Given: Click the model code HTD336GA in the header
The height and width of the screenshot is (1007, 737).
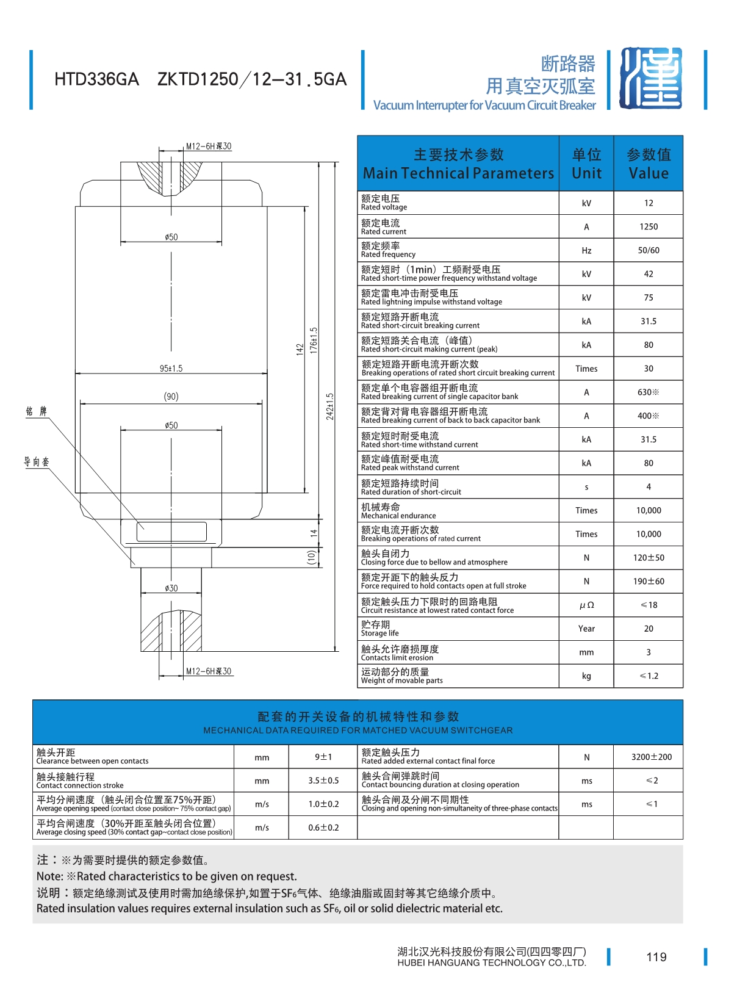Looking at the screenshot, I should pos(96,79).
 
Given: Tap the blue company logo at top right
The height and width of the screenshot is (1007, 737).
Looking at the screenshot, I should pos(650,78).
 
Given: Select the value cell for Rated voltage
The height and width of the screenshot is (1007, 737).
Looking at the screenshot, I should pos(648,203).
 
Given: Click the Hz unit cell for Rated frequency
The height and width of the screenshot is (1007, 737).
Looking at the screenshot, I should pos(586,250).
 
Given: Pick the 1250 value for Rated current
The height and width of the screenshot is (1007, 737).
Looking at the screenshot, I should pos(648,226).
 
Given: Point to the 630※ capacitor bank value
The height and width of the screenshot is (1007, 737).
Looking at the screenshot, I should pos(648,392).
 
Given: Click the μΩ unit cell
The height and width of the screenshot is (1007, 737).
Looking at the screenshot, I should pos(586,605).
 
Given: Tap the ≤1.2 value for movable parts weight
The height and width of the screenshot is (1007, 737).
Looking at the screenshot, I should pos(648,676).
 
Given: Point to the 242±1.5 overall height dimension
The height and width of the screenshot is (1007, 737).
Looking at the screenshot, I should pos(330,406).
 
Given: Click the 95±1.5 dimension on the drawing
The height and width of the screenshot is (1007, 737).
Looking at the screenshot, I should pos(171,369).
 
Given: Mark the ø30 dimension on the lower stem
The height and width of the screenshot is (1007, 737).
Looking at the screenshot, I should pos(171,588).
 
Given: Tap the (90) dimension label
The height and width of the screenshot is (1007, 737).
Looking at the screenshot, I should pos(171,397).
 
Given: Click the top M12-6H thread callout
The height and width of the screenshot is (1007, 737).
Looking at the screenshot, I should pos(209,146).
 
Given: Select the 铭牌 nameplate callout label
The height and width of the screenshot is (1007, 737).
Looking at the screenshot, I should pos(36,411).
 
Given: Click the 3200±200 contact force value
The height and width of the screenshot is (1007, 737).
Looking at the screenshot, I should pos(651,757).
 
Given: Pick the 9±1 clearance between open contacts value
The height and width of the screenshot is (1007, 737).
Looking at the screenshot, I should pos(323,757).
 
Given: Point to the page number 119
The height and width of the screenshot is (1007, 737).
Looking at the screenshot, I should pos(656,957).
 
